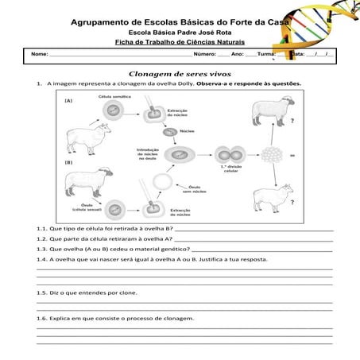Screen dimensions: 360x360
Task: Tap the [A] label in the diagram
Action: click(x=69, y=101)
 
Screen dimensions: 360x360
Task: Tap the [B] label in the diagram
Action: click(x=69, y=162)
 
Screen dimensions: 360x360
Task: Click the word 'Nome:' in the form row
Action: click(x=39, y=54)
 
